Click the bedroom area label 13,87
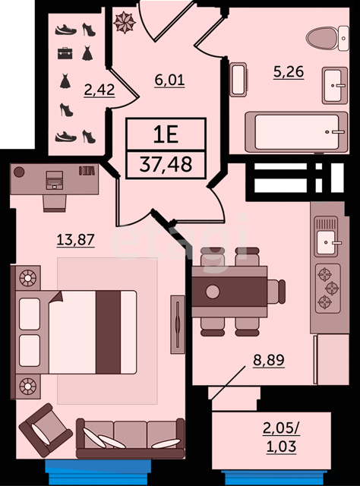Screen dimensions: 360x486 [76, 240]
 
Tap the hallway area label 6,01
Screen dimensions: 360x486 [169, 80]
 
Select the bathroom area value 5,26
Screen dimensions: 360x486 [289, 72]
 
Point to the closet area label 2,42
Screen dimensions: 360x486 [99, 90]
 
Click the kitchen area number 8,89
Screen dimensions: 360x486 [269, 360]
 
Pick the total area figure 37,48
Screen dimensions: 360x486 [166, 164]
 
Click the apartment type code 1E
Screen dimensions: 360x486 [166, 134]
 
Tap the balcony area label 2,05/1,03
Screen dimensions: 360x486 [281, 437]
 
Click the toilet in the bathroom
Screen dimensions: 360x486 [327, 39]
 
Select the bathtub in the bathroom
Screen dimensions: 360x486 [296, 132]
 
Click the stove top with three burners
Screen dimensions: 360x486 [328, 289]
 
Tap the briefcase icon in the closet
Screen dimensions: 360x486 [65, 53]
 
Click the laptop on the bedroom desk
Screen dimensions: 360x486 [54, 180]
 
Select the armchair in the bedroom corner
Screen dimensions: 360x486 [46, 431]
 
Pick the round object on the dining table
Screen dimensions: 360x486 [213, 292]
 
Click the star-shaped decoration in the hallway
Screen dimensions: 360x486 [125, 22]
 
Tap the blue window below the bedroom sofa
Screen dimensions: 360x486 [98, 470]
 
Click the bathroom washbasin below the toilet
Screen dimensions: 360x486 [335, 85]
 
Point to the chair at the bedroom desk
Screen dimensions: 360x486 [55, 204]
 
